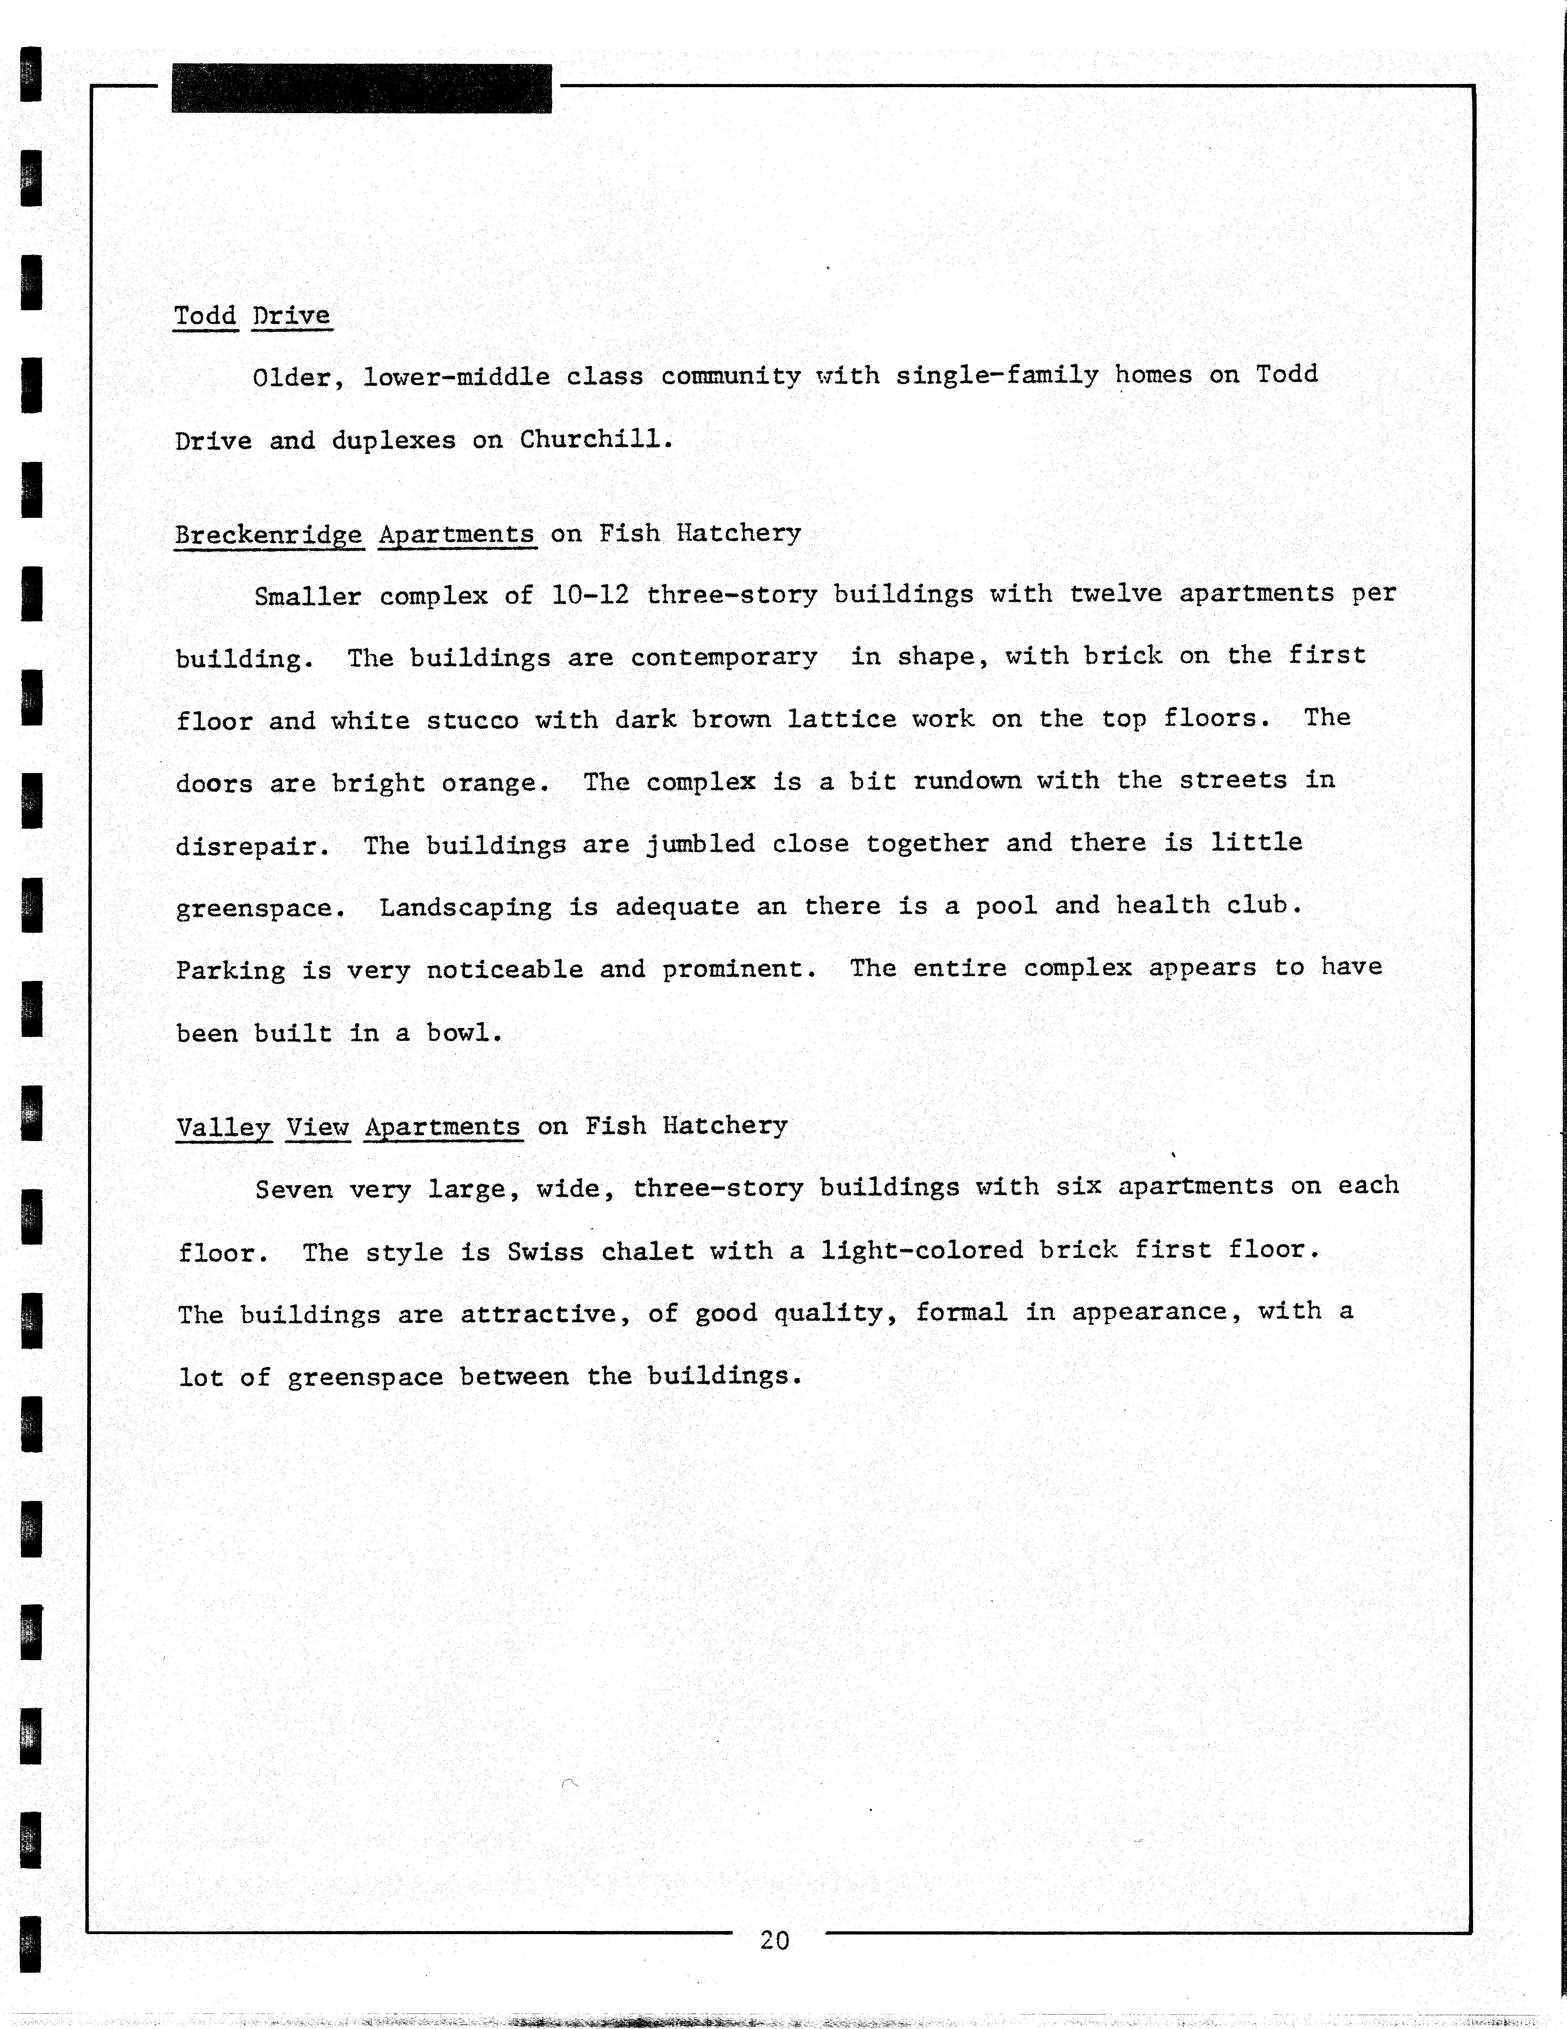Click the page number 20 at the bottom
pos(774,1940)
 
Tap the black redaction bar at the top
pos(361,88)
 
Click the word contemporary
pos(724,657)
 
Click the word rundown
pos(966,780)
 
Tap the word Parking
pos(230,970)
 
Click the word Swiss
pos(545,1251)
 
